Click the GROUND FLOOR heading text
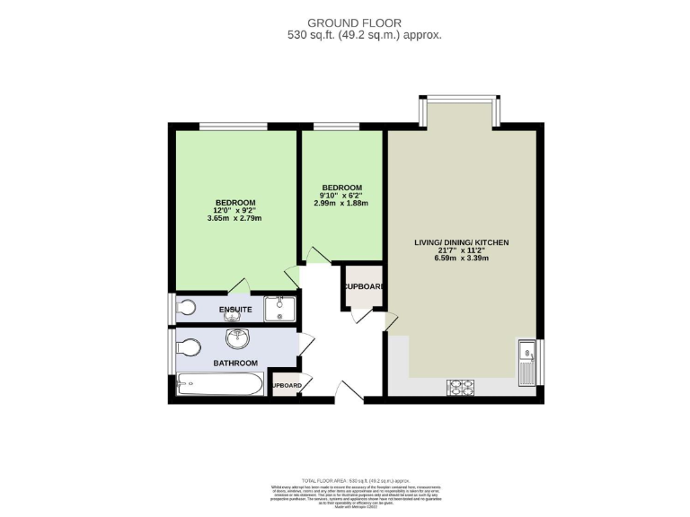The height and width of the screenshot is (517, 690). click(354, 22)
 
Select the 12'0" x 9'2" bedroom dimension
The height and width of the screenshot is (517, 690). click(234, 210)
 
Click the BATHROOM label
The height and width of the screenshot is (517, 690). click(235, 363)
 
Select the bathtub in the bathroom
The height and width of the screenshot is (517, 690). click(219, 385)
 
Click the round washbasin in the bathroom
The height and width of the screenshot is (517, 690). click(238, 340)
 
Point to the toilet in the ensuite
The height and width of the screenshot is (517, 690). click(185, 308)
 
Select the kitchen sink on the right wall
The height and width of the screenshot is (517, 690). click(526, 360)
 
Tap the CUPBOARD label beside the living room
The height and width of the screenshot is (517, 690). click(363, 287)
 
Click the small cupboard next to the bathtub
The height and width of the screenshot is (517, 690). click(287, 384)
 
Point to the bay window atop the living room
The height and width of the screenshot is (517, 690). click(459, 111)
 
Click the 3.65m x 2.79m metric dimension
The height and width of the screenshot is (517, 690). click(234, 218)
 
